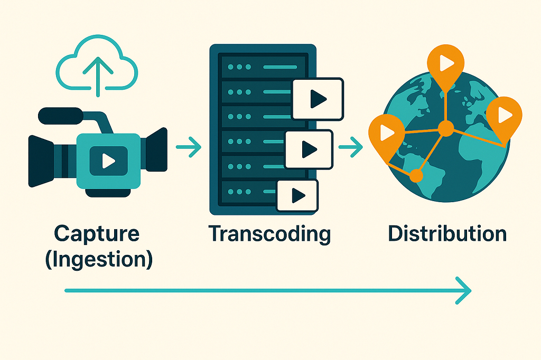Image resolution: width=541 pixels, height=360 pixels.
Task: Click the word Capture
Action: (97, 233)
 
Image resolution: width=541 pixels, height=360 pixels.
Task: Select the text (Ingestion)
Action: (99, 260)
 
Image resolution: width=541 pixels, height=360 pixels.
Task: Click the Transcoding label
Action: (269, 233)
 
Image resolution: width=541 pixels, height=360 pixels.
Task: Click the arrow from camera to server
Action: (189, 147)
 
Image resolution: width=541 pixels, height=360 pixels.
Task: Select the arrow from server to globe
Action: (350, 147)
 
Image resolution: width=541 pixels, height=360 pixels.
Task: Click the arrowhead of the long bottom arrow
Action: (463, 290)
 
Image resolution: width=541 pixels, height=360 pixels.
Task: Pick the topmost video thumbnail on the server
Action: (318, 99)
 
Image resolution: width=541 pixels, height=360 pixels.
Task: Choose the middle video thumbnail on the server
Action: (309, 150)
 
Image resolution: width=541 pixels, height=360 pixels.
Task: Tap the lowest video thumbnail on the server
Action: (297, 196)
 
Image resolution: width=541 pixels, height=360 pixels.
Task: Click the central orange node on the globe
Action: (446, 128)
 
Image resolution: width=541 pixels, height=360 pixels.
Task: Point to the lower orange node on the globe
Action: (417, 175)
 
